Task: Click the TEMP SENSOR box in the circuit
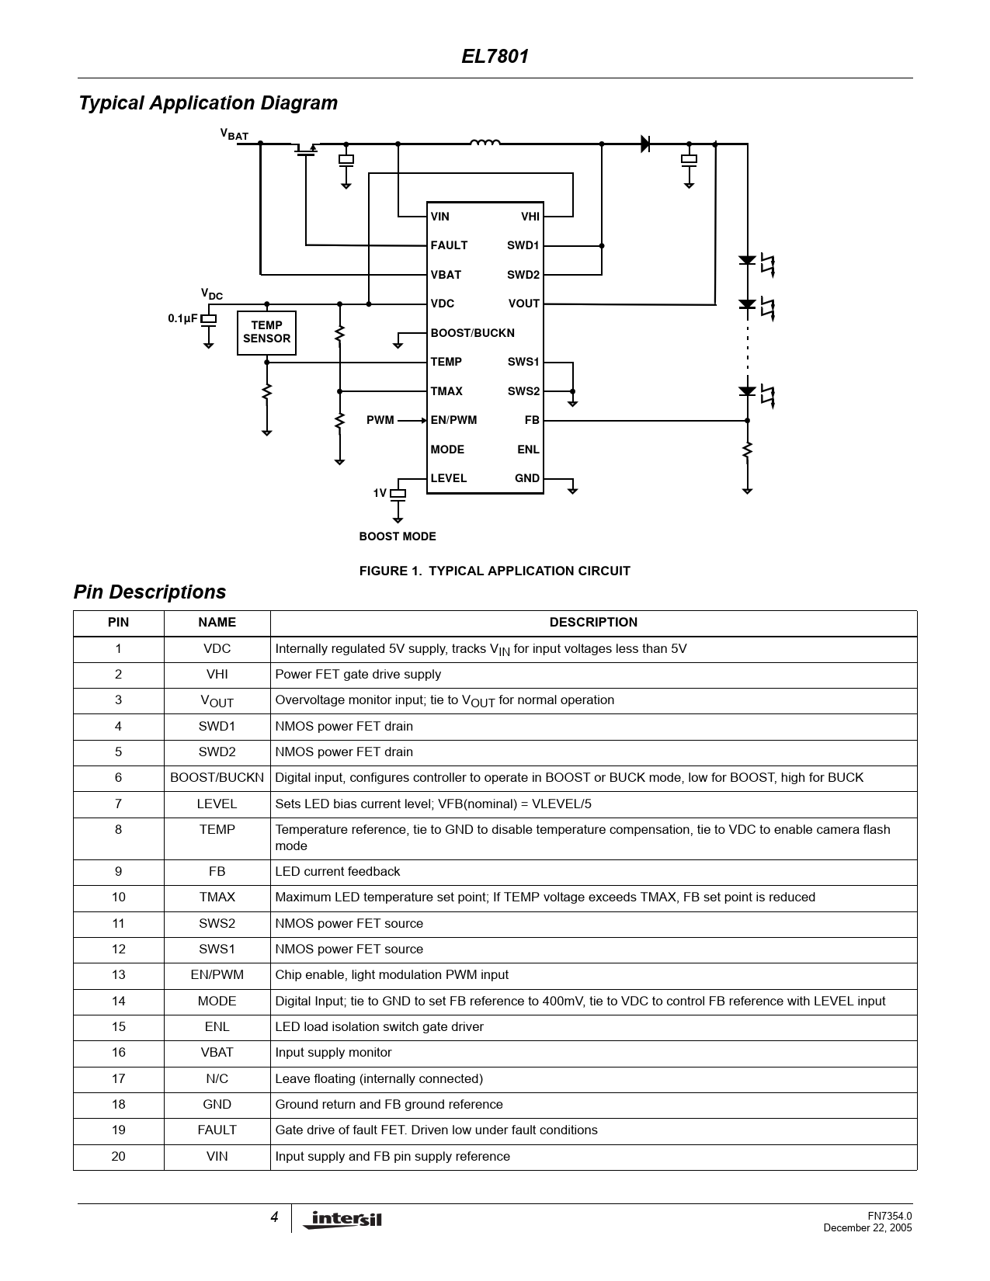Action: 266,332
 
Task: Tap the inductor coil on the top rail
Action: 485,142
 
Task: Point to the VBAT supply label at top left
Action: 234,134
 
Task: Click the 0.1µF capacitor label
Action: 182,318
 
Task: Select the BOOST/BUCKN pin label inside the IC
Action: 472,333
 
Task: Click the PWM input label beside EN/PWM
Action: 380,420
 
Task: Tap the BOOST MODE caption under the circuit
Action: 398,536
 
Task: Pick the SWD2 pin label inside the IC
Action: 523,275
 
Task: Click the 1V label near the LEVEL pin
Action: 380,493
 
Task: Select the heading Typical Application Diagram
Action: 208,103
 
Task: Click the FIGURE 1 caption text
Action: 495,571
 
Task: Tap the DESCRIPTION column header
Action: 593,623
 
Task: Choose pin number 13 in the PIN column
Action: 118,975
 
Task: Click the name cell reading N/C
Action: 217,1078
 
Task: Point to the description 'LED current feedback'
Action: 338,872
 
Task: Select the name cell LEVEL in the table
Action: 217,804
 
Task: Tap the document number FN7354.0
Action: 889,1216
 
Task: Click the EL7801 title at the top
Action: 495,57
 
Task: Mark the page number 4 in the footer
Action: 274,1217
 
